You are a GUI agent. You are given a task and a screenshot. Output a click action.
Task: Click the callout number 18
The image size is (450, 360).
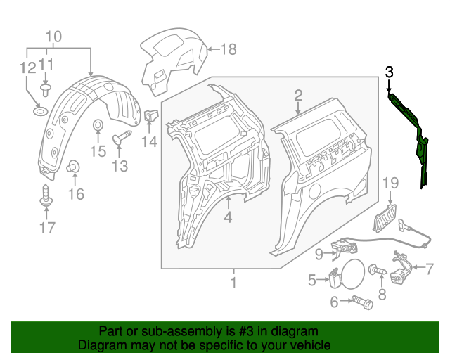tap(229, 49)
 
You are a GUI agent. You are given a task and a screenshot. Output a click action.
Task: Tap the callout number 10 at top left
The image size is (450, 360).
tap(54, 37)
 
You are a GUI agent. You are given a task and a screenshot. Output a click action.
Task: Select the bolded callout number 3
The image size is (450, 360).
tap(390, 71)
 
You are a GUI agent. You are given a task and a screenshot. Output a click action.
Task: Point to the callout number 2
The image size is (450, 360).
tap(298, 95)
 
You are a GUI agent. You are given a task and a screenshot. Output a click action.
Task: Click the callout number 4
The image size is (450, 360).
tap(228, 218)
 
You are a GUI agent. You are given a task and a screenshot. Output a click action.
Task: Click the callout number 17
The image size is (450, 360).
tap(46, 227)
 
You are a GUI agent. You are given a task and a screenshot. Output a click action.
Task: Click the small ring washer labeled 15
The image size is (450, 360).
tap(98, 127)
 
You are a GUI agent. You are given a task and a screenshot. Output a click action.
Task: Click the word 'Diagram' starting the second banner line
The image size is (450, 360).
tap(100, 346)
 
